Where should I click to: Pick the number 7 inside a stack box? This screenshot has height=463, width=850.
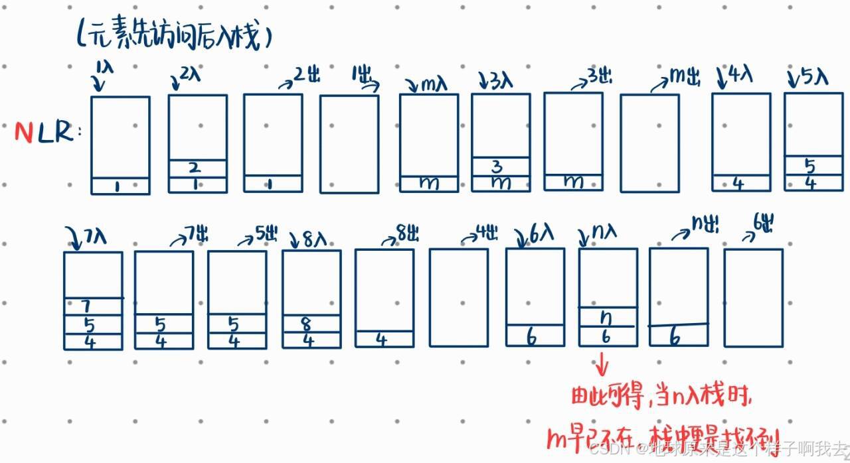[85, 306]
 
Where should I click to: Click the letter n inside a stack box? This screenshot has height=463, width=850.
[606, 318]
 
